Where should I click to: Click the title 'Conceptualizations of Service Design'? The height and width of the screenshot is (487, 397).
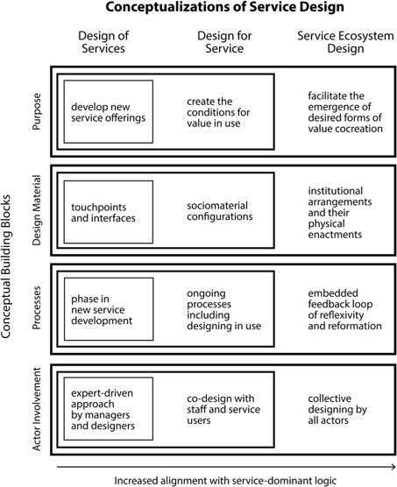[224, 7]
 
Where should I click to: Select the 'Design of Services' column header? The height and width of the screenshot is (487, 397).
[103, 42]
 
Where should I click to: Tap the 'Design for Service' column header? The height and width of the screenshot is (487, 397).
[224, 42]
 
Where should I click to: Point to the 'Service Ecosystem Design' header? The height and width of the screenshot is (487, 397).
[345, 42]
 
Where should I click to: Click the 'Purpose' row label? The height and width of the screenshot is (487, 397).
[37, 111]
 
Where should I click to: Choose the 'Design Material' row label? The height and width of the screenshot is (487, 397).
[37, 210]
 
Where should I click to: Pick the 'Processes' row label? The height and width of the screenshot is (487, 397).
[37, 307]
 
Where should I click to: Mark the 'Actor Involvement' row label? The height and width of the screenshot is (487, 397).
[37, 409]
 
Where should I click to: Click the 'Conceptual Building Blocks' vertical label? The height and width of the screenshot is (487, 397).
[6, 266]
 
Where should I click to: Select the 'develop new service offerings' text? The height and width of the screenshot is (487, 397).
[108, 112]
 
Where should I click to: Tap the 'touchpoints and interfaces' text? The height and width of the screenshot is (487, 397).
[103, 213]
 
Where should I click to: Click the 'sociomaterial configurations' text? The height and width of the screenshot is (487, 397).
[220, 211]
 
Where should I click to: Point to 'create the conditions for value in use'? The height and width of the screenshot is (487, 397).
[218, 112]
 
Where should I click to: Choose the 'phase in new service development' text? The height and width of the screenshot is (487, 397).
[102, 310]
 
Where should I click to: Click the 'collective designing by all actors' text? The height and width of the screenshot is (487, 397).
[337, 409]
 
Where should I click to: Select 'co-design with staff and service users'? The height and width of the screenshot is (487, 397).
[223, 409]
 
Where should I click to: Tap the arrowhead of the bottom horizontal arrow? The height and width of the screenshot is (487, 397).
[394, 467]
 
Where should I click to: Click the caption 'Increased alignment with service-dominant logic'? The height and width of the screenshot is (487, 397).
[225, 481]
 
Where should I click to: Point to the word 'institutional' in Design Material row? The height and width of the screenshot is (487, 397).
[335, 191]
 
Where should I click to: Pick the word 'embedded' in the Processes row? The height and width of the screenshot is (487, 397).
[333, 293]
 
